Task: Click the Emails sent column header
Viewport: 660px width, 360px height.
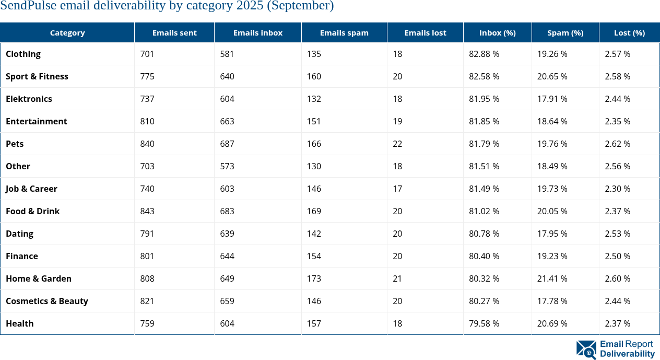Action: (174, 32)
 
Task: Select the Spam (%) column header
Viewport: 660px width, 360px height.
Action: (565, 32)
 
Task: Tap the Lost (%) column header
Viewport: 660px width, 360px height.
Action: (629, 32)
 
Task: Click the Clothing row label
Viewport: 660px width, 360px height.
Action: (23, 54)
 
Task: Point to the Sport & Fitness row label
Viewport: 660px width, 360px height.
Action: (37, 76)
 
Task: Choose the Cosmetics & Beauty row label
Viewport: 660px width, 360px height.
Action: (47, 301)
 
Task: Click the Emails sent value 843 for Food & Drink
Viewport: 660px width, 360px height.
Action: (147, 211)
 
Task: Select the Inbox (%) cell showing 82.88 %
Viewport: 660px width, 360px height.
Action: (484, 54)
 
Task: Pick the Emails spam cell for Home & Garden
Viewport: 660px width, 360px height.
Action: (314, 278)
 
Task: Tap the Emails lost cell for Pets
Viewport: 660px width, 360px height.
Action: (397, 144)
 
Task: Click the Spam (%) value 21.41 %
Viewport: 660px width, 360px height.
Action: (552, 278)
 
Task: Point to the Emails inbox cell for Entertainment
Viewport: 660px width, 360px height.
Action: (227, 121)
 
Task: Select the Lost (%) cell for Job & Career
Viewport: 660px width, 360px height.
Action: (618, 189)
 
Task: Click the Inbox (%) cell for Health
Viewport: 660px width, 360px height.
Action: (484, 323)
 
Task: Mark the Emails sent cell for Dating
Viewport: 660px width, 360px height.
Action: (147, 234)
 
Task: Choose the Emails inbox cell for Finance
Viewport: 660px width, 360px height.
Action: (227, 256)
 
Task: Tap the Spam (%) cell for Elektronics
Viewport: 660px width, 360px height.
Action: (552, 99)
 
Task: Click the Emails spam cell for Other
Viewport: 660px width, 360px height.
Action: (314, 166)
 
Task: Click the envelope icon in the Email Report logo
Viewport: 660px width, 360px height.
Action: (586, 350)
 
